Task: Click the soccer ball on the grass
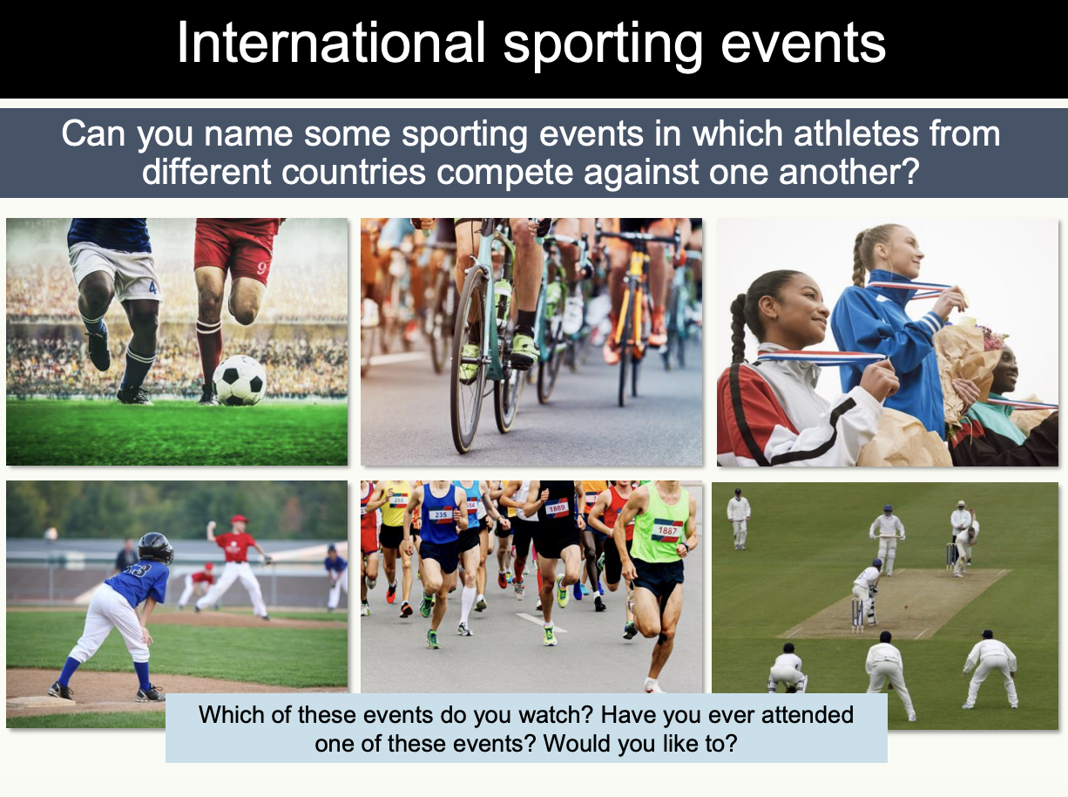coord(240,380)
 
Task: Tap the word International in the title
coord(331,44)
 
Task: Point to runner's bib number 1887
coord(668,529)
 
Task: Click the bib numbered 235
coord(441,515)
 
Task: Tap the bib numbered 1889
coord(557,507)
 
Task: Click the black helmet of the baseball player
coord(154,547)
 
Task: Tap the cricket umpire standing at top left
coord(738,518)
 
